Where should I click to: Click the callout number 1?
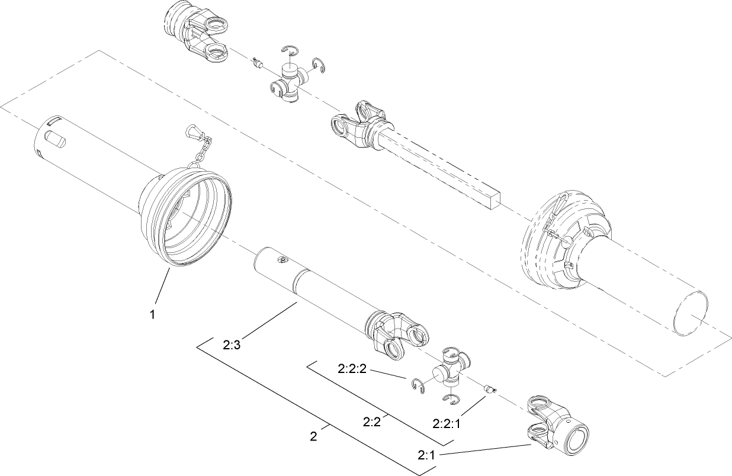tap(152, 314)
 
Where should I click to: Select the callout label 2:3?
tap(232, 345)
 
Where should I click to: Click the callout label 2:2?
tap(371, 422)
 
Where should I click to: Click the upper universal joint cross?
tap(288, 81)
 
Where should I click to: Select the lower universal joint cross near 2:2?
tap(451, 371)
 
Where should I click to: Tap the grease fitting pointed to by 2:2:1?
tap(489, 389)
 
